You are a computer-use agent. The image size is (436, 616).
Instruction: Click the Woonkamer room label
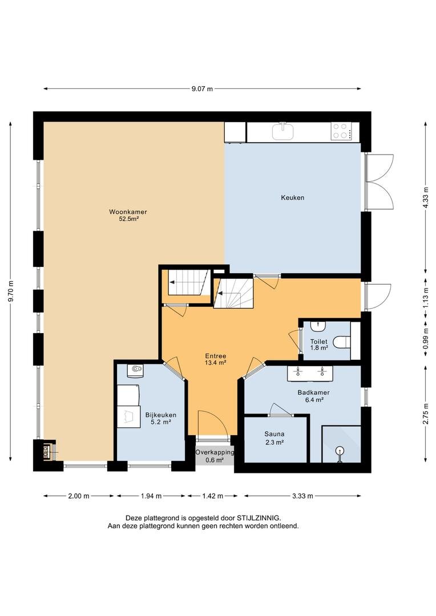point(128,212)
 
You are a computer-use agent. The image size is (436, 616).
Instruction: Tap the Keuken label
point(293,197)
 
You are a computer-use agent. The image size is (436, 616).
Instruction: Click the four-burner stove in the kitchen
point(341,131)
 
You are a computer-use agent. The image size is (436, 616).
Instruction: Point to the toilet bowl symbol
point(342,342)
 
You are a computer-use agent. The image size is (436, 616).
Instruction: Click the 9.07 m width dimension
point(202,89)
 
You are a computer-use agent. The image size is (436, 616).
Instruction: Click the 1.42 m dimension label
point(213,496)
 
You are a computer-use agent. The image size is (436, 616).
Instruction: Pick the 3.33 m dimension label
point(302,496)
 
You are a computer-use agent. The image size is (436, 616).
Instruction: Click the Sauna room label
point(274,434)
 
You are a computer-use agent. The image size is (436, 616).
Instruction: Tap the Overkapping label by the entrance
point(215,452)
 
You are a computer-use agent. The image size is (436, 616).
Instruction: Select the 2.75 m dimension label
point(425,414)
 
